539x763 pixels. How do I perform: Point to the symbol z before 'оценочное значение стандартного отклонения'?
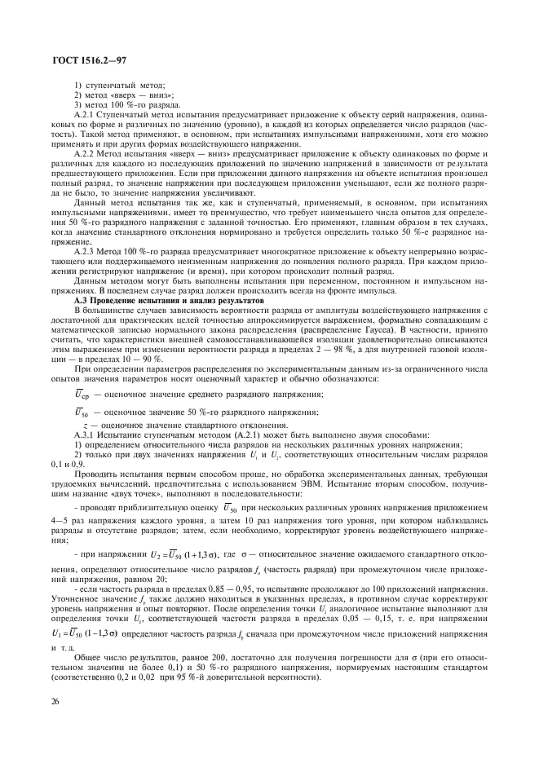(86, 426)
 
